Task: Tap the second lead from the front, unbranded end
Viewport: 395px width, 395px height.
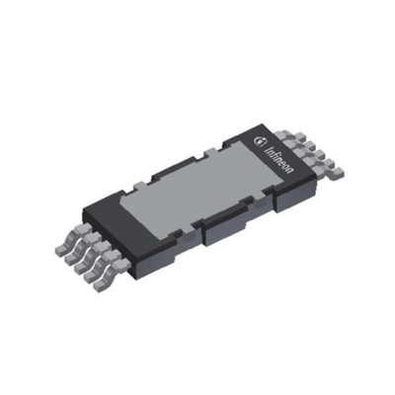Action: pyautogui.click(x=99, y=266)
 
